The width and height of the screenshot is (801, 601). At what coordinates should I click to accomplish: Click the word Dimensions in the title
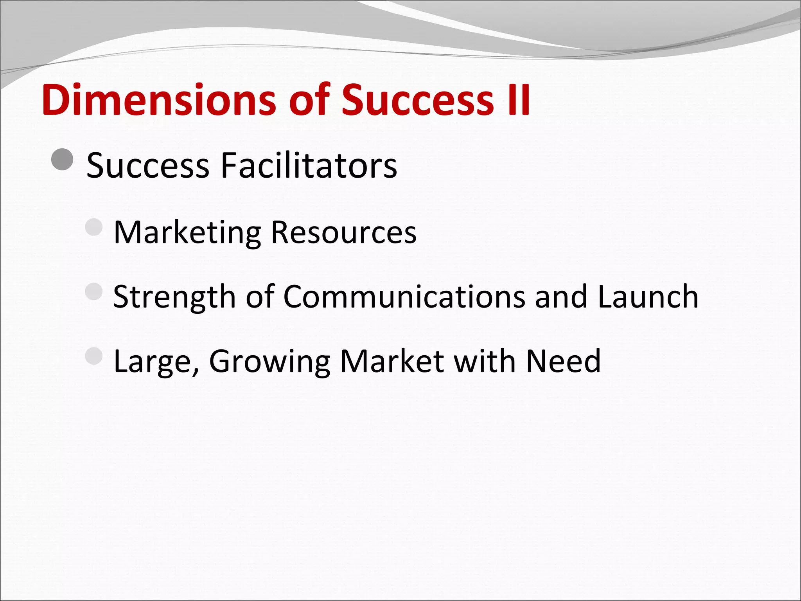[x=158, y=100]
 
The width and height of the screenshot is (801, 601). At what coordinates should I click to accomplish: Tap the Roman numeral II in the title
[x=518, y=100]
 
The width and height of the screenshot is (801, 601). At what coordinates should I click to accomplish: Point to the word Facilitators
[x=309, y=166]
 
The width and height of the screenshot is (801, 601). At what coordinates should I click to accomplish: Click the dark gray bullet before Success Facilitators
[x=62, y=160]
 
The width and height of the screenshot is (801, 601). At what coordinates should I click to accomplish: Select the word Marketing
[x=187, y=233]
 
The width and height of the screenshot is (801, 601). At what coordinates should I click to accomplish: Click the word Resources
[x=343, y=233]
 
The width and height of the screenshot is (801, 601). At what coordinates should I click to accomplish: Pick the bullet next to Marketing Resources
[x=94, y=227]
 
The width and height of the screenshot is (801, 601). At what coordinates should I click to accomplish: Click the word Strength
[x=174, y=297]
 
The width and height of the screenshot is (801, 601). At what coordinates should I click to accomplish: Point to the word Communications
[x=403, y=297]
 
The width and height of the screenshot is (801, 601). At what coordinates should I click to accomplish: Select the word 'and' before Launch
[x=560, y=297]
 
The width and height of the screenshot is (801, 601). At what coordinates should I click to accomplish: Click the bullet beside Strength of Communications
[x=94, y=292]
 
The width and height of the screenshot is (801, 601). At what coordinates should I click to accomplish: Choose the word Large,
[x=156, y=361]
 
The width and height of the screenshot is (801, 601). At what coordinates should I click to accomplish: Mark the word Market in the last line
[x=392, y=361]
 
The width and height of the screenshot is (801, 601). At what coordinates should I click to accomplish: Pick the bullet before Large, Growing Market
[x=94, y=356]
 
